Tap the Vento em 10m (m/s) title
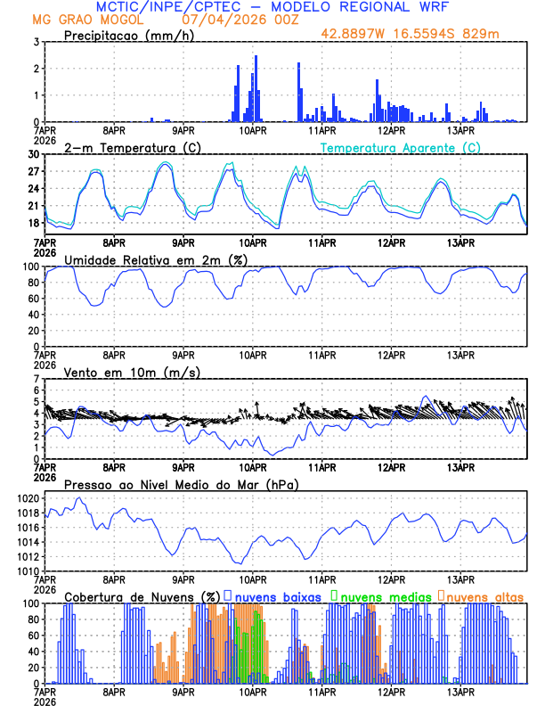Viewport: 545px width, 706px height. (132, 372)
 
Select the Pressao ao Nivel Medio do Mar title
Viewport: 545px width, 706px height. (180, 484)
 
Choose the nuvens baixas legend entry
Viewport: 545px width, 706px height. (275, 595)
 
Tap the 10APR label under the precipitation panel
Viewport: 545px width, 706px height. (253, 130)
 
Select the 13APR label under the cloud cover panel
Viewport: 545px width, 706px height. (460, 692)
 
